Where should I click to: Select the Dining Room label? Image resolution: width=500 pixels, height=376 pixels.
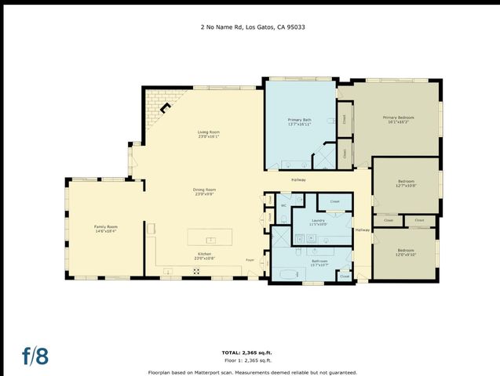pyautogui.click(x=204, y=190)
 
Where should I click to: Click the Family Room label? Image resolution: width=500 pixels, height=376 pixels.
pyautogui.click(x=105, y=229)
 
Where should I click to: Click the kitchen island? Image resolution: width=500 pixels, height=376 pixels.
pyautogui.click(x=210, y=237)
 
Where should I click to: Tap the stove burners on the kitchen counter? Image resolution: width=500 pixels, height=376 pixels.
pyautogui.click(x=197, y=271)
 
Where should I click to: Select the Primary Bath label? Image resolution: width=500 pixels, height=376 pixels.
pyautogui.click(x=300, y=121)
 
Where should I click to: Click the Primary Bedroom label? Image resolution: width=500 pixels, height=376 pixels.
pyautogui.click(x=398, y=119)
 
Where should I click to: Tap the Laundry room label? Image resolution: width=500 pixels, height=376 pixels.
pyautogui.click(x=318, y=222)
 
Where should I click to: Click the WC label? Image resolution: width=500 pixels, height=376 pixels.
pyautogui.click(x=283, y=206)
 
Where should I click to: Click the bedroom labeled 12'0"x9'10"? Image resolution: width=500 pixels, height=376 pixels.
pyautogui.click(x=405, y=252)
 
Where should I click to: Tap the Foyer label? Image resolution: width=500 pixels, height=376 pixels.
pyautogui.click(x=250, y=259)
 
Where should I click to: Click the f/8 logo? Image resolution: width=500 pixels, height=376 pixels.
pyautogui.click(x=35, y=355)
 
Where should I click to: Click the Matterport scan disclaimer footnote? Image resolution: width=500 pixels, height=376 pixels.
pyautogui.click(x=252, y=372)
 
